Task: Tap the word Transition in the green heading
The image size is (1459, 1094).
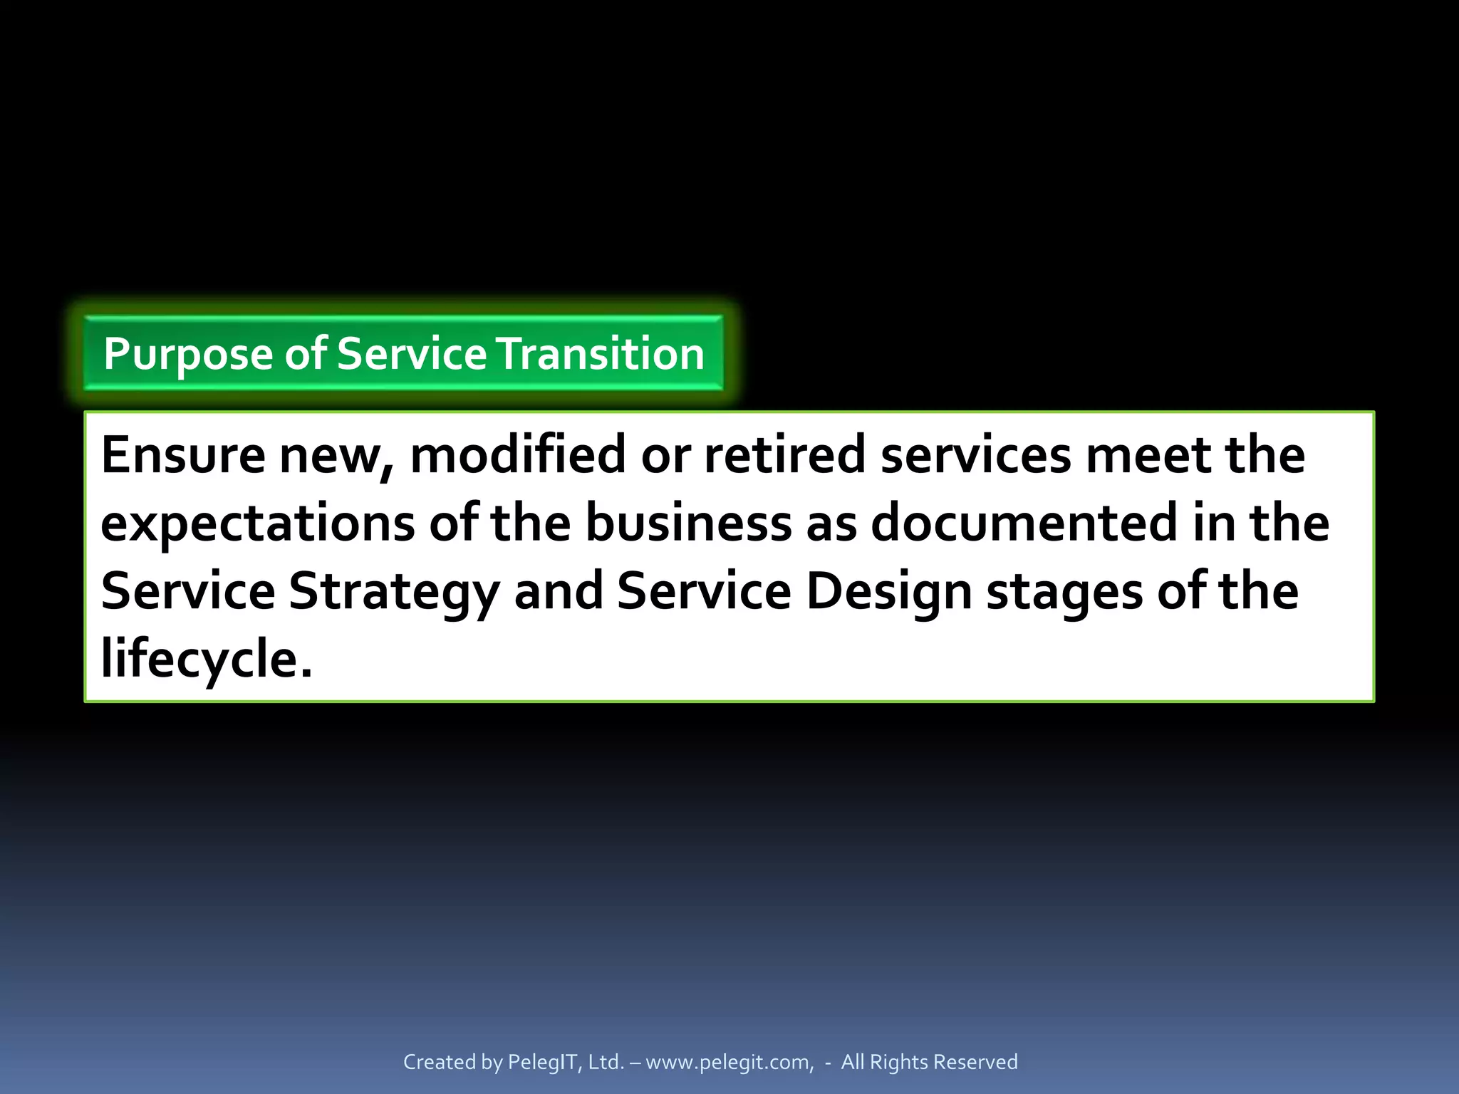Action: click(601, 354)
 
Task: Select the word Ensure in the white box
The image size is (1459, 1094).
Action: click(183, 455)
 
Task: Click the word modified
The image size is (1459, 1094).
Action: click(518, 455)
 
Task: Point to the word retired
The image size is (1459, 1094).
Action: click(784, 455)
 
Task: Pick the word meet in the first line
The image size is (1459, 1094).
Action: click(1148, 455)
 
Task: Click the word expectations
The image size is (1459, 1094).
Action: click(257, 523)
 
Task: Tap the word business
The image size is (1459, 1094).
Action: click(688, 523)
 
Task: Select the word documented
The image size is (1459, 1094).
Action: click(1024, 523)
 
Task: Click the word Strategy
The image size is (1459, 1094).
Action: click(394, 592)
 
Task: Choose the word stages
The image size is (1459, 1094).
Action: click(1064, 592)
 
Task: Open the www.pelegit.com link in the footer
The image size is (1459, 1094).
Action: click(729, 1062)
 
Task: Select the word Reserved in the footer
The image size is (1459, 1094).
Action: click(975, 1062)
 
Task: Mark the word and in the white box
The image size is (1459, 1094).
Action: click(559, 592)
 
